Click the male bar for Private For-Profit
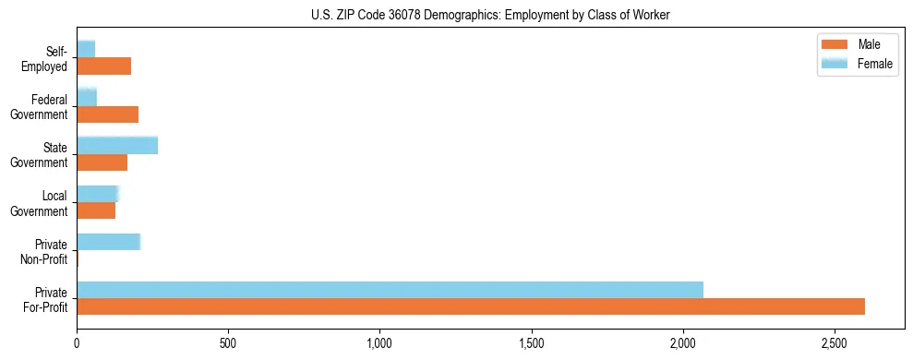point(471,306)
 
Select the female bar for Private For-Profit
point(390,290)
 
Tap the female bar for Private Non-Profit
point(108,242)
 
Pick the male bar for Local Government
point(96,210)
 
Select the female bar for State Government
point(117,146)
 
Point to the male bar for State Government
point(102,162)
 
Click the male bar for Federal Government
point(107,114)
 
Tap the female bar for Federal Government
point(87,97)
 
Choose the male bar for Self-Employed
point(103,66)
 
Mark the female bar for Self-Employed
point(86,49)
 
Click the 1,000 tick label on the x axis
point(380,343)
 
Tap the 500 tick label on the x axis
point(229,343)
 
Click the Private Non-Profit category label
point(46,251)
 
